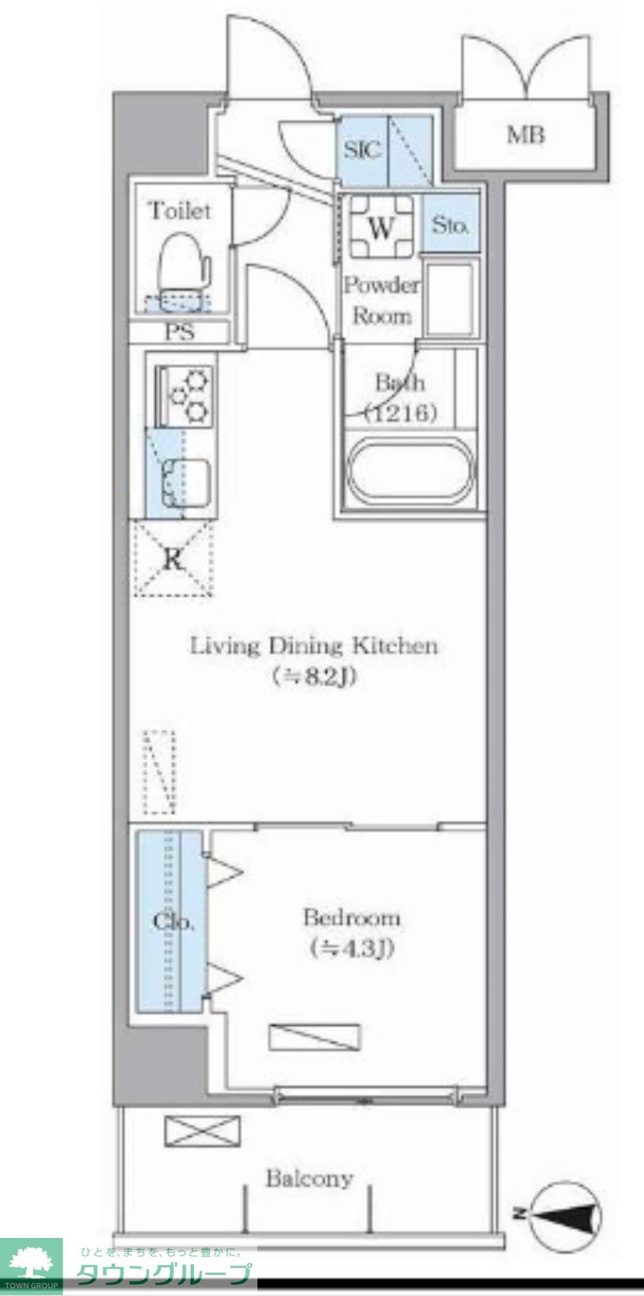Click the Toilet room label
point(180,211)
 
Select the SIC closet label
point(363,151)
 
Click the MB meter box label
point(526,135)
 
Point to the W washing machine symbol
point(381,227)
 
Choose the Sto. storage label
point(450,224)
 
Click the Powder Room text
point(382,301)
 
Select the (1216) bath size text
point(400,413)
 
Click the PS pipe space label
point(180,332)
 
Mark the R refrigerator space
point(173,558)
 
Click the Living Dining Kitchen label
point(314,645)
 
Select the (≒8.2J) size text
point(312,676)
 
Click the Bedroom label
point(352,917)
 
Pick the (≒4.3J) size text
point(352,948)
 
